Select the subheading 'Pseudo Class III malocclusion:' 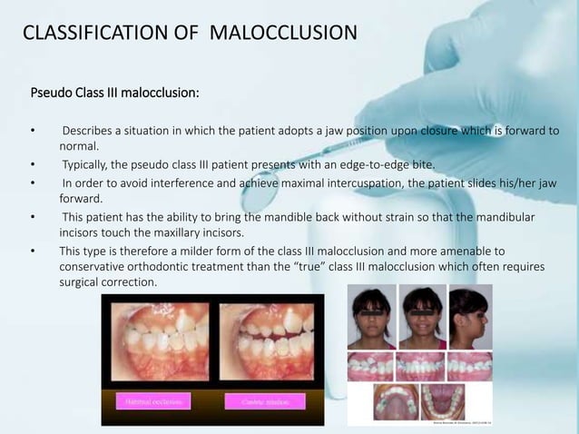coord(115,93)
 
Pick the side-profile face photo coord(469,317)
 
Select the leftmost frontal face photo coord(371,317)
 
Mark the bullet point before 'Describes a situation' coord(33,131)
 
